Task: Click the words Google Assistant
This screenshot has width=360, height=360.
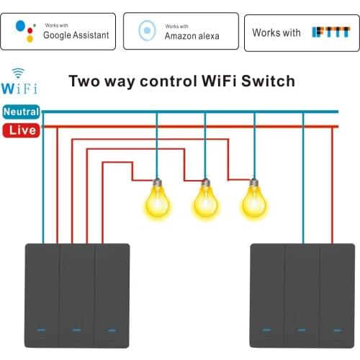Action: pyautogui.click(x=76, y=35)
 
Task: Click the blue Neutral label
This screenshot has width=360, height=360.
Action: pyautogui.click(x=21, y=112)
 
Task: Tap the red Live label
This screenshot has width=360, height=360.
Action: pyautogui.click(x=21, y=130)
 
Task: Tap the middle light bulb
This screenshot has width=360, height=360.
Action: pyautogui.click(x=205, y=199)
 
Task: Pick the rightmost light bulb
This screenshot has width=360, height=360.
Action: pyautogui.click(x=253, y=199)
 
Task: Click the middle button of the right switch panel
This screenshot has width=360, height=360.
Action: pyautogui.click(x=302, y=295)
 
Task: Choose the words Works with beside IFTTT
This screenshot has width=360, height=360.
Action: pyautogui.click(x=276, y=33)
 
